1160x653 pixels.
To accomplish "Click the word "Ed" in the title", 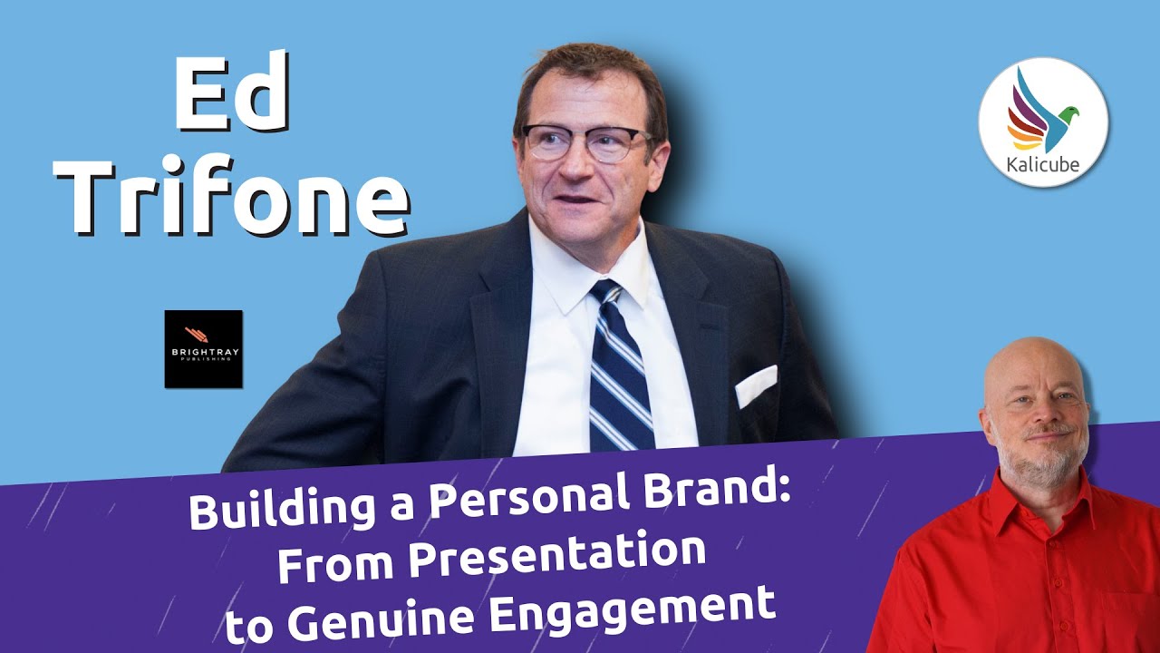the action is pyautogui.click(x=231, y=91).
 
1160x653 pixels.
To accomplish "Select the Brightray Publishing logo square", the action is pyautogui.click(x=204, y=349).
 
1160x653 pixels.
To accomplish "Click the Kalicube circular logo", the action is pyautogui.click(x=1043, y=122).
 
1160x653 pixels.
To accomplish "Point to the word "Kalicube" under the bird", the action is pyautogui.click(x=1043, y=165).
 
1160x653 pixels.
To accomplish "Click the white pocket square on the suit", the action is pyautogui.click(x=756, y=385).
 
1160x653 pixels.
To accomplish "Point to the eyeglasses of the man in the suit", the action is pyautogui.click(x=585, y=142).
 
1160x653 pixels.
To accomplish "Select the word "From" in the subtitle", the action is pyautogui.click(x=334, y=563).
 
